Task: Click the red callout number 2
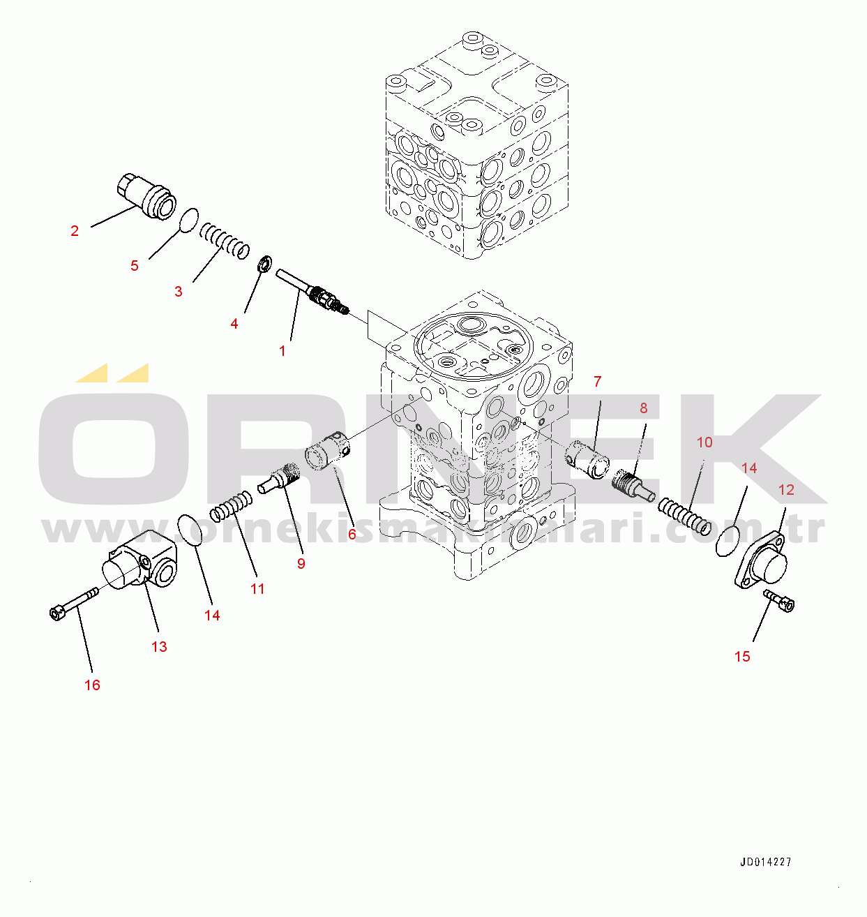[x=75, y=231]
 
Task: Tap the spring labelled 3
[x=225, y=241]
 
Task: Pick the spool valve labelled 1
[x=311, y=292]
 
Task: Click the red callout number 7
[x=597, y=382]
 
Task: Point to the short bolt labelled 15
[x=780, y=600]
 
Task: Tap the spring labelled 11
[x=232, y=506]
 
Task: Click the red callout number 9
[x=301, y=563]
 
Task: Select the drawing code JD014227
[x=766, y=862]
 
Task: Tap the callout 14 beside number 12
[x=749, y=468]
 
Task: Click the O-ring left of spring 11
[x=190, y=530]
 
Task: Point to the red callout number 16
[x=92, y=685]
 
